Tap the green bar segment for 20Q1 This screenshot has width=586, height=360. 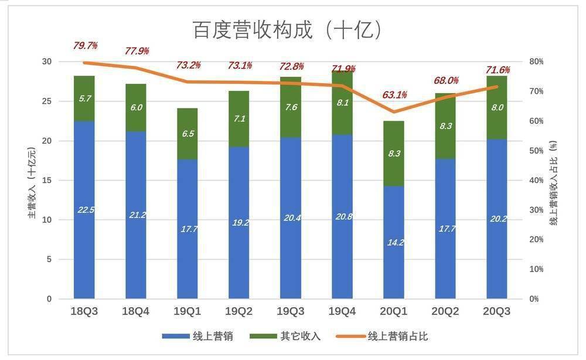click(394, 154)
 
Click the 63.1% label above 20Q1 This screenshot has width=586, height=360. click(394, 95)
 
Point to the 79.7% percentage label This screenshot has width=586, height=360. click(85, 46)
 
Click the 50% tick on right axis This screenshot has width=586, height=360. click(537, 151)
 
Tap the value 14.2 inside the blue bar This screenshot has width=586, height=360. click(394, 242)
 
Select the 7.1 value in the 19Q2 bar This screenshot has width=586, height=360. click(239, 119)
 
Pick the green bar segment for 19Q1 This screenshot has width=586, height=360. click(188, 134)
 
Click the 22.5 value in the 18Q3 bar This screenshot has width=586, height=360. click(84, 209)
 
